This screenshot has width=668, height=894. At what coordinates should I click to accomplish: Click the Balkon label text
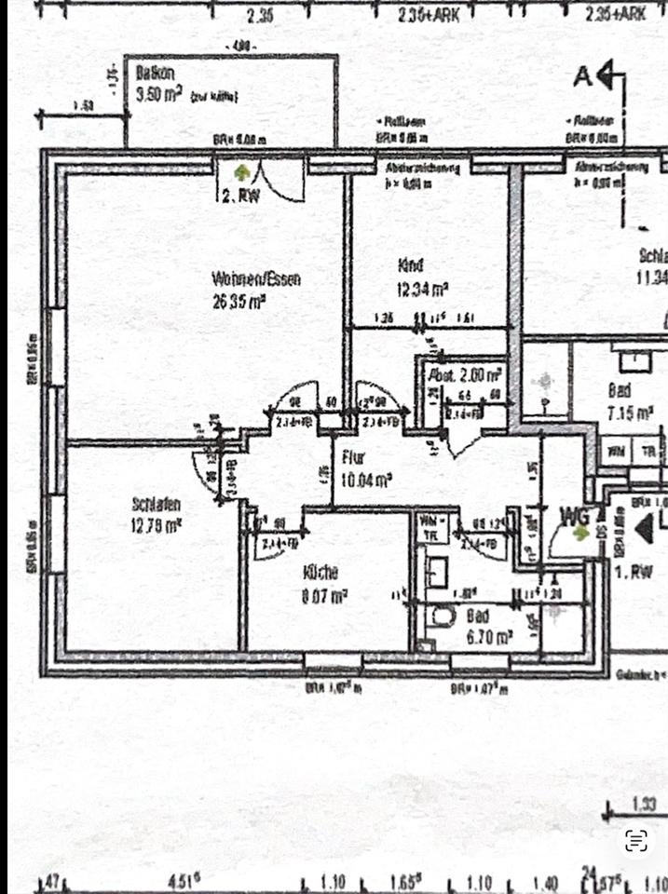(151, 72)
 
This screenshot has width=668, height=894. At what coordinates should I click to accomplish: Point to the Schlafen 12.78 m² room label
(157, 513)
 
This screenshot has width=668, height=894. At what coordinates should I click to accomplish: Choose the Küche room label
(320, 572)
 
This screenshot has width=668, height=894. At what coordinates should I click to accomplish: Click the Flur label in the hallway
(353, 458)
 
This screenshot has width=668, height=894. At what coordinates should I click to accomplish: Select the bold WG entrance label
(575, 514)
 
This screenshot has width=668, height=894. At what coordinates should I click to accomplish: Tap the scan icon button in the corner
(636, 841)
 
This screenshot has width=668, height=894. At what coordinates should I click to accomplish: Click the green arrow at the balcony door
(242, 172)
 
